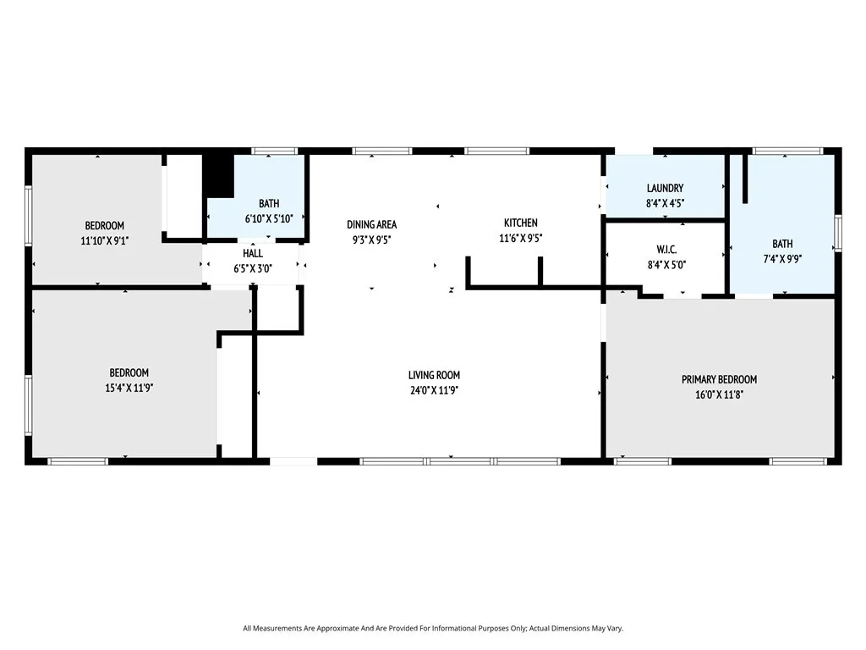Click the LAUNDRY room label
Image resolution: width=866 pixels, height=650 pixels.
(x=665, y=188)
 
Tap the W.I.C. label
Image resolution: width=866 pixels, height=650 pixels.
(x=666, y=250)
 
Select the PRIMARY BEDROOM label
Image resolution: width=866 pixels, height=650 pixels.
(x=719, y=379)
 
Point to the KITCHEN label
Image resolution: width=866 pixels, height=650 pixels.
(x=520, y=223)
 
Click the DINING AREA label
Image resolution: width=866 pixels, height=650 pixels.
(x=372, y=224)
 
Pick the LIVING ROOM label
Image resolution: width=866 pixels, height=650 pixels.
(x=434, y=375)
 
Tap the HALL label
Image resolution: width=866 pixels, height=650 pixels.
(x=252, y=253)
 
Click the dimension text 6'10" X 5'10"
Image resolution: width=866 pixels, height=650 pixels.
(x=269, y=218)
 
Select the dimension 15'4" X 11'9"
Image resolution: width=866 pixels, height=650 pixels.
(x=129, y=388)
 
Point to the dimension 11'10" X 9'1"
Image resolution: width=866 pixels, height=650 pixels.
(x=104, y=240)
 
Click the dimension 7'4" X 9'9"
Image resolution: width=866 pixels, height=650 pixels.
(x=782, y=258)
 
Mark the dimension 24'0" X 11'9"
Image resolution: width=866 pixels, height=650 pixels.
(x=434, y=390)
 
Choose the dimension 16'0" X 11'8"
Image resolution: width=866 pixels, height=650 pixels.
(x=719, y=394)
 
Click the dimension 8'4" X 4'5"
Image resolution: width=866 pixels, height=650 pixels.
(x=665, y=203)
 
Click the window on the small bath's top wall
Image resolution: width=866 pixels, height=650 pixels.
(x=275, y=151)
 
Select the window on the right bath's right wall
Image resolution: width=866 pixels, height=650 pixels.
(x=838, y=233)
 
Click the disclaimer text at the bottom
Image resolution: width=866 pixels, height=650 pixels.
(x=433, y=628)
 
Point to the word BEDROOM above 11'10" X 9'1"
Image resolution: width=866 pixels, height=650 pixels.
(x=104, y=225)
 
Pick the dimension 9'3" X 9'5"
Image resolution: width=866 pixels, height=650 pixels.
(x=372, y=240)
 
